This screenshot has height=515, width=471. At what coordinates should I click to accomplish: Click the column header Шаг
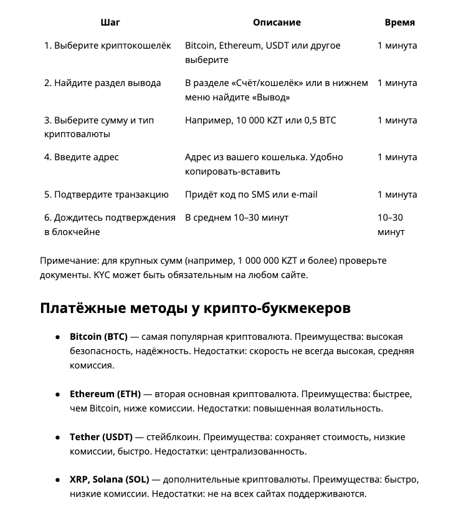click(x=110, y=22)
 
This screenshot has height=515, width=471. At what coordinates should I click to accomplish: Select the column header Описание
click(x=277, y=22)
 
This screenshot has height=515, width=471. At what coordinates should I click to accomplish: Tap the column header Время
click(x=399, y=22)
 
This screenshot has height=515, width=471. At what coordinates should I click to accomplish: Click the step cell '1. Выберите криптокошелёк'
click(x=107, y=46)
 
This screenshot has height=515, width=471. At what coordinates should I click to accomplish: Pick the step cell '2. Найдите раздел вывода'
click(x=102, y=83)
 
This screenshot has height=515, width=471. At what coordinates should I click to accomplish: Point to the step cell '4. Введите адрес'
click(x=81, y=157)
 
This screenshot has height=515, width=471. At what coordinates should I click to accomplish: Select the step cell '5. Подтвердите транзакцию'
click(x=106, y=195)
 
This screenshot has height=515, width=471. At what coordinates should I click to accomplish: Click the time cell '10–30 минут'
click(x=391, y=224)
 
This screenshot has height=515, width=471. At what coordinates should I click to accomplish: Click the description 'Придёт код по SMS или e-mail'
click(x=251, y=195)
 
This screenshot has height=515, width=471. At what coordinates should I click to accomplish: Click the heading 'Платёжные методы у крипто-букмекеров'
click(x=195, y=308)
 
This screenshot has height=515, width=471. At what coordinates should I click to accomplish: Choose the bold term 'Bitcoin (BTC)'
click(x=98, y=337)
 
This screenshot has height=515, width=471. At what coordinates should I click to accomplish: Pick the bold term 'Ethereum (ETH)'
click(x=105, y=395)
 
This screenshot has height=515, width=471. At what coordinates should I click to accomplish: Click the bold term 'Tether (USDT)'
click(x=100, y=437)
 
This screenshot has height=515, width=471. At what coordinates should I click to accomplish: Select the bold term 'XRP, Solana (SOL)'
click(x=109, y=480)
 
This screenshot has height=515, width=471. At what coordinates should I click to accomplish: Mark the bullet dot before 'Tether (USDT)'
click(x=57, y=437)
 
